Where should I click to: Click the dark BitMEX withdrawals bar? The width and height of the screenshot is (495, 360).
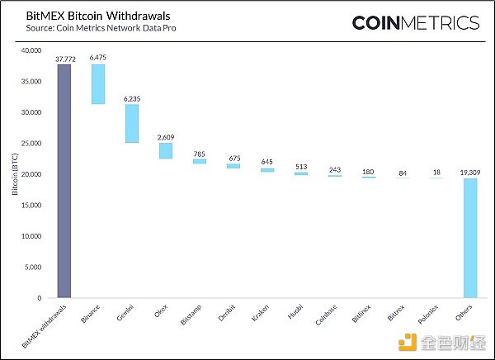[64, 181]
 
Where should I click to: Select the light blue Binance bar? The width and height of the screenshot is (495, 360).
[97, 84]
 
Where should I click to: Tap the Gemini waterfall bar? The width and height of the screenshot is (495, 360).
[131, 123]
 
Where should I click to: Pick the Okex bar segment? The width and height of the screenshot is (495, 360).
[165, 150]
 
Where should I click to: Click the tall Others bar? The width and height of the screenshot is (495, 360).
[469, 238]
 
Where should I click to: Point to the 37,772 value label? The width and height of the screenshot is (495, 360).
[64, 59]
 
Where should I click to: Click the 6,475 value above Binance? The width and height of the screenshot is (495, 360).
[97, 58]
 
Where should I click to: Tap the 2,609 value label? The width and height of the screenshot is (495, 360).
[165, 137]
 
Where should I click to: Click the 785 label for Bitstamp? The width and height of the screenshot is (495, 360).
[199, 153]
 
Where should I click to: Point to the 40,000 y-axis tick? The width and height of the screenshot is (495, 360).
[31, 51]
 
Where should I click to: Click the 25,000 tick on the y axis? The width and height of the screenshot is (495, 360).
[31, 144]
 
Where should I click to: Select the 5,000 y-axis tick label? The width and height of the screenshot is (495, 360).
[33, 267]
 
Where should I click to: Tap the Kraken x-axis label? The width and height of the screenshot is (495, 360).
[261, 315]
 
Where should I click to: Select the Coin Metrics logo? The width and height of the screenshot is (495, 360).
[414, 22]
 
